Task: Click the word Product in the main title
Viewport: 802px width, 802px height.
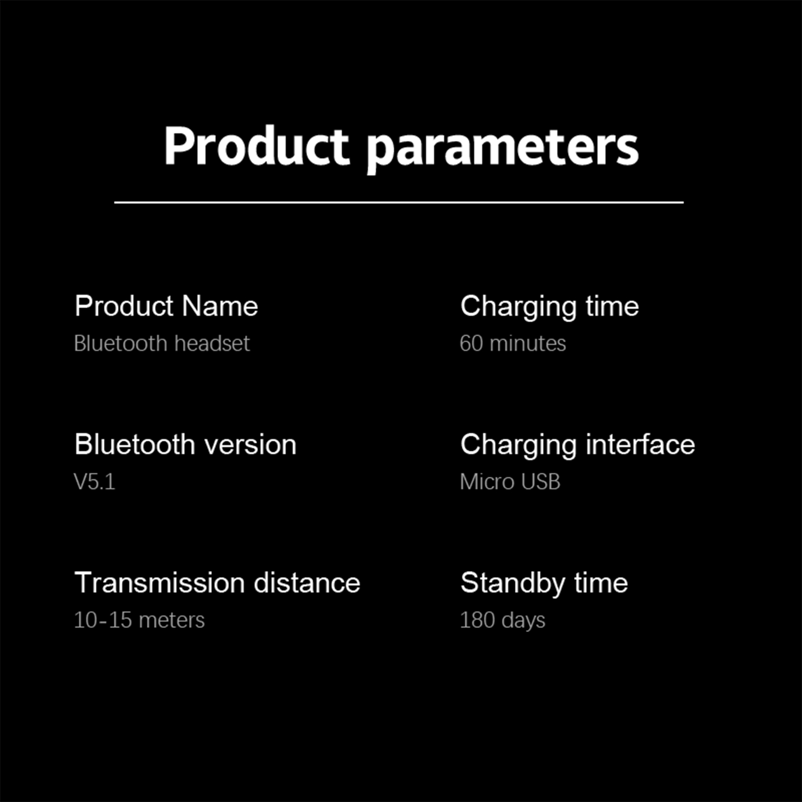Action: coord(256,146)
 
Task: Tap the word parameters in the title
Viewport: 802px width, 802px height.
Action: coord(503,149)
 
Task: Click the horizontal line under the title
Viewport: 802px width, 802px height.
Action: coord(399,203)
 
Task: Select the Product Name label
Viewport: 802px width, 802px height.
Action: coord(166,306)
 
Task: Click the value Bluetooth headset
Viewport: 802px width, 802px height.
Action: coord(161,343)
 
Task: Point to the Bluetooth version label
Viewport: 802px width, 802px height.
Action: coord(185,444)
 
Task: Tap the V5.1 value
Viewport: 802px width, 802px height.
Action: coord(94,482)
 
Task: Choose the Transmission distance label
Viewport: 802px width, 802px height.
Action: coord(218,582)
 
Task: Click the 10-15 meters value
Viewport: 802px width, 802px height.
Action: coord(139,620)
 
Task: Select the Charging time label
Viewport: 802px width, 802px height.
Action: coord(550,307)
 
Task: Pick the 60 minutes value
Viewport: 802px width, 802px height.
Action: coord(513,343)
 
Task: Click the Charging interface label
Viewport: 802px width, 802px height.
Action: coord(578,445)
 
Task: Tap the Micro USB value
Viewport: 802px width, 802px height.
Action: coord(510,482)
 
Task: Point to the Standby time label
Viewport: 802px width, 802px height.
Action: coord(544,583)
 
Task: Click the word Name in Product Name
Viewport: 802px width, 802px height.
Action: coord(220,306)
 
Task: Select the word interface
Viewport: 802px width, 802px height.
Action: coord(641,444)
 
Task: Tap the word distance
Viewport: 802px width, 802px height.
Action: coord(307,582)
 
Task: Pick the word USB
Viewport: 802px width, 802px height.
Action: coord(540,482)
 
